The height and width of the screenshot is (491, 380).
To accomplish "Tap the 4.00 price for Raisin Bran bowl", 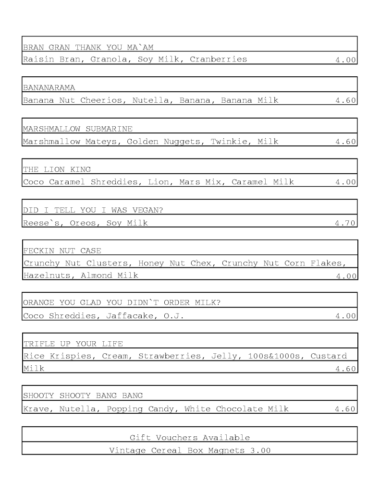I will tap(345, 60).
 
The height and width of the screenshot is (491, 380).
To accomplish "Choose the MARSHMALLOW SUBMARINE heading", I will tap(77, 129).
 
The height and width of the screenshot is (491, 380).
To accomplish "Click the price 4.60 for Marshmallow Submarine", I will tap(345, 142).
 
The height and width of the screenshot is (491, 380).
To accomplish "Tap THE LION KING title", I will tap(57, 169).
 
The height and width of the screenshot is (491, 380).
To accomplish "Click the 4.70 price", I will tap(345, 223).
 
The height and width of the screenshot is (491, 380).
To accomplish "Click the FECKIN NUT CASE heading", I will tap(62, 251).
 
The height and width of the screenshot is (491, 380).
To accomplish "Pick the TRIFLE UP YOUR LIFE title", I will tap(73, 344).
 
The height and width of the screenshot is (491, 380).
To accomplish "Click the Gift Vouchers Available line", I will tap(190, 437).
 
